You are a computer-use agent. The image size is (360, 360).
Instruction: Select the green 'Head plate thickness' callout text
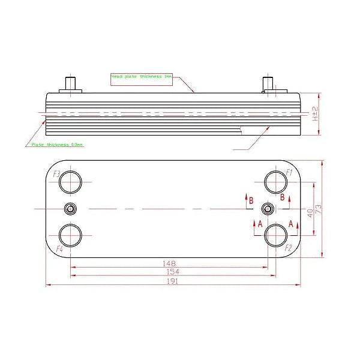142,77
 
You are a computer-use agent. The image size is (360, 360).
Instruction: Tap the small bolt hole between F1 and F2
268,208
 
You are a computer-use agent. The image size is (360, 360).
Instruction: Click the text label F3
56,174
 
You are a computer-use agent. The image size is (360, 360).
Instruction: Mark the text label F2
289,247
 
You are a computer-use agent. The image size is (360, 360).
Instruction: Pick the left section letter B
251,200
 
